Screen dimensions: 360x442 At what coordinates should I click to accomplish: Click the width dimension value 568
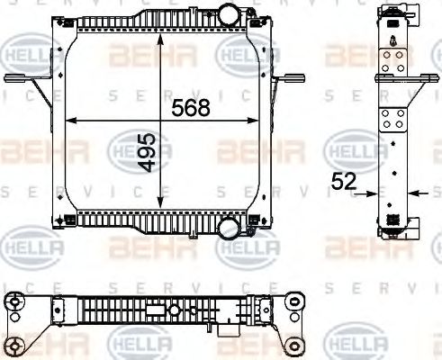[191, 108]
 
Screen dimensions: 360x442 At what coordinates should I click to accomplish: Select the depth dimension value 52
[344, 182]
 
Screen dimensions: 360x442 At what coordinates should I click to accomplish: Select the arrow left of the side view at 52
[370, 192]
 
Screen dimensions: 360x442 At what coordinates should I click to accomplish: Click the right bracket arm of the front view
[286, 79]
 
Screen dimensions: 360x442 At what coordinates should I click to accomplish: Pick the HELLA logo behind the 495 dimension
[135, 148]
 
